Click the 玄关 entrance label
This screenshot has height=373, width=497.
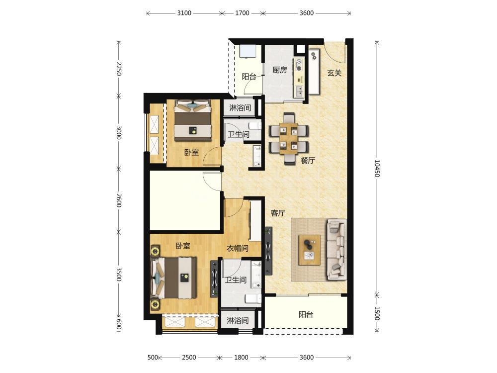tap(334, 73)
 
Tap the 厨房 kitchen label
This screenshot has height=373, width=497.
tap(279, 70)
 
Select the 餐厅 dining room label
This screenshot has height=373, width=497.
tap(308, 161)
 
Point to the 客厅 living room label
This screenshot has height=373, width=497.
tap(278, 213)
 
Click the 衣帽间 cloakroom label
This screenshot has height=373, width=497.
tap(238, 248)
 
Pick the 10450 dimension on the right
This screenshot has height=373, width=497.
tap(377, 168)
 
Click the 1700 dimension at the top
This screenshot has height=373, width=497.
tap(242, 13)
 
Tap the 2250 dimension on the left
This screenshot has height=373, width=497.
tap(119, 69)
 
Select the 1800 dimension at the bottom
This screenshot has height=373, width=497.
tap(241, 358)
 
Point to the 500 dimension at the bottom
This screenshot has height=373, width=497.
tap(153, 358)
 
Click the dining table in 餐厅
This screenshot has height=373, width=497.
tap(288, 138)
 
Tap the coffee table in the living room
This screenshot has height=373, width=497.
tap(309, 250)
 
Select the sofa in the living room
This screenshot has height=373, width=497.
tap(336, 249)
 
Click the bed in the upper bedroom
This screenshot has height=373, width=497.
tap(193, 120)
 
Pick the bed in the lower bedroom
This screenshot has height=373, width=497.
tap(174, 278)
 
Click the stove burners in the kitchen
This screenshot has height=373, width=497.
tap(299, 64)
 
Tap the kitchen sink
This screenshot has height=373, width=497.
tap(299, 92)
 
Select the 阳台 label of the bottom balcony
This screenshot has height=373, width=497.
tap(306, 315)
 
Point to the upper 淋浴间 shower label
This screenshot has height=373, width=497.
tap(240, 108)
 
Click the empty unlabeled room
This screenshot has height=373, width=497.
tap(185, 200)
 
